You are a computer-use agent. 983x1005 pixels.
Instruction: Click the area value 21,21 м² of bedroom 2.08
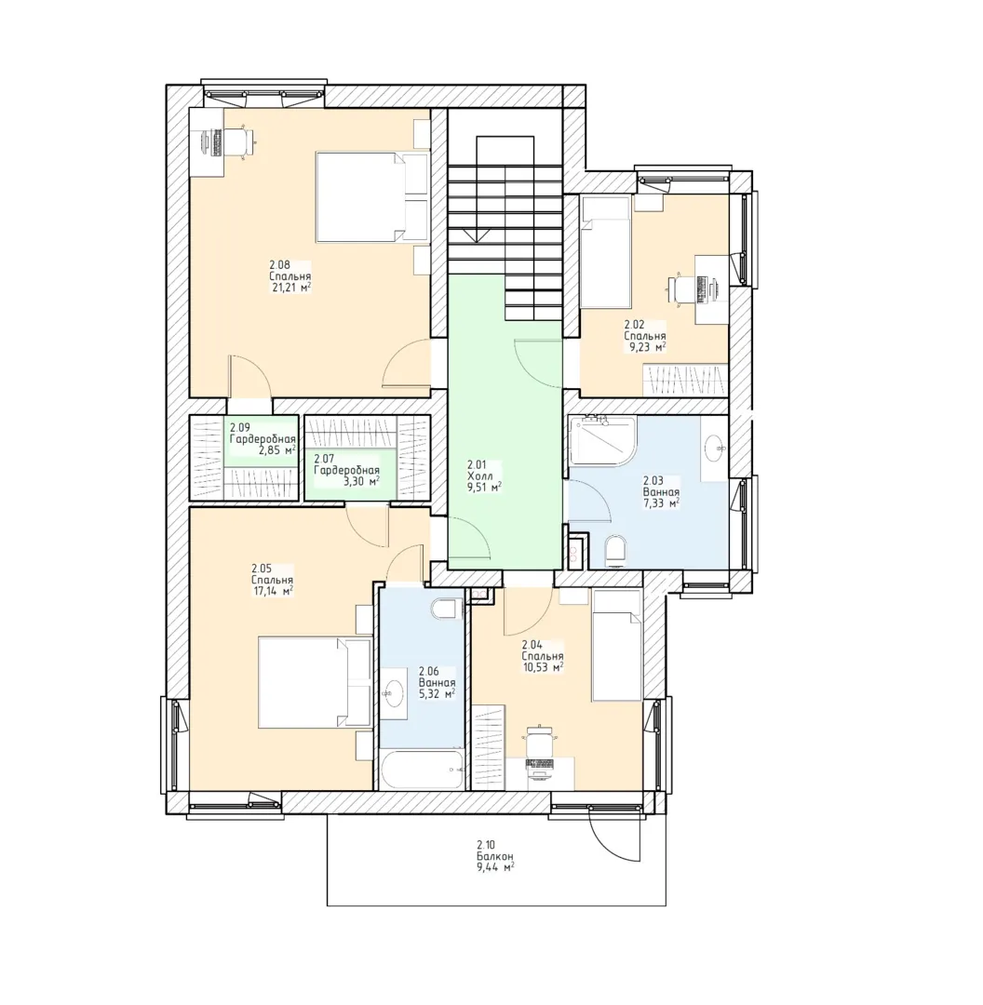[x=291, y=288]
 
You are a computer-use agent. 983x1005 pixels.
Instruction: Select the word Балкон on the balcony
[x=494, y=856]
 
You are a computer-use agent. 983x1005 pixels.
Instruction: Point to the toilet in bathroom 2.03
[x=616, y=551]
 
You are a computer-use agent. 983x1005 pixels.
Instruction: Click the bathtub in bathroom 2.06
[x=422, y=770]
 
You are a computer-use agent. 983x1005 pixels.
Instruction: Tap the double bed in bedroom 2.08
[x=372, y=196]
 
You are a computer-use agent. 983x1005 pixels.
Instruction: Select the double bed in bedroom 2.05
[x=315, y=682]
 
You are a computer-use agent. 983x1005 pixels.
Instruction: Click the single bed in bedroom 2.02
[x=605, y=252]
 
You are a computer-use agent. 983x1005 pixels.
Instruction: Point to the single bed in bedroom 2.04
[x=617, y=646]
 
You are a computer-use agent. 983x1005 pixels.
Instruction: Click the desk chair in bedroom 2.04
[x=539, y=741]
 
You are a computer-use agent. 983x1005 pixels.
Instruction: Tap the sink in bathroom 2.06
[x=393, y=693]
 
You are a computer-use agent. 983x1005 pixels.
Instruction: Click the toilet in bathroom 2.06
[x=447, y=610]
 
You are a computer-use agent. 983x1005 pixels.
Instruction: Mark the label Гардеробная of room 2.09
[x=263, y=439]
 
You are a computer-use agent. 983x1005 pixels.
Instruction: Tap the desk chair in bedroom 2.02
[x=681, y=288]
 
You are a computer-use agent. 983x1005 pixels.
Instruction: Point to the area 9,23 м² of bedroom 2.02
[x=646, y=347]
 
